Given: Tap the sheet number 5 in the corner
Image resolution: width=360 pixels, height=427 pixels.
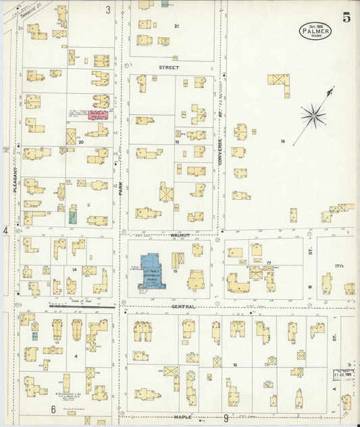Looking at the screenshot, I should pyautogui.click(x=346, y=18).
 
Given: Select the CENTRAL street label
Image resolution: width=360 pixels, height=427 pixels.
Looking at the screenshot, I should pyautogui.click(x=183, y=307).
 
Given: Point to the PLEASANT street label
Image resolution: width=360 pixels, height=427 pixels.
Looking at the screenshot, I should pyautogui.click(x=14, y=182).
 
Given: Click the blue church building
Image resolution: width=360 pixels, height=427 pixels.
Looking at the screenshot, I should pyautogui.click(x=153, y=272).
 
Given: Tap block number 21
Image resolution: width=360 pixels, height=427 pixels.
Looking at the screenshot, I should pyautogui.click(x=177, y=26).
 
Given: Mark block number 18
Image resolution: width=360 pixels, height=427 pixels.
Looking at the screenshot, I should pyautogui.click(x=283, y=141).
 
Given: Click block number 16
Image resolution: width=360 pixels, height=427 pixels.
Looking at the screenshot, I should pyautogui.click(x=235, y=365).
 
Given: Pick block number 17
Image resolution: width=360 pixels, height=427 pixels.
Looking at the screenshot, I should pyautogui.click(x=268, y=262).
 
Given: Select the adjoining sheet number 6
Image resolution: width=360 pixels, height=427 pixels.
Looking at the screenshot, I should pyautogui.click(x=53, y=409).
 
